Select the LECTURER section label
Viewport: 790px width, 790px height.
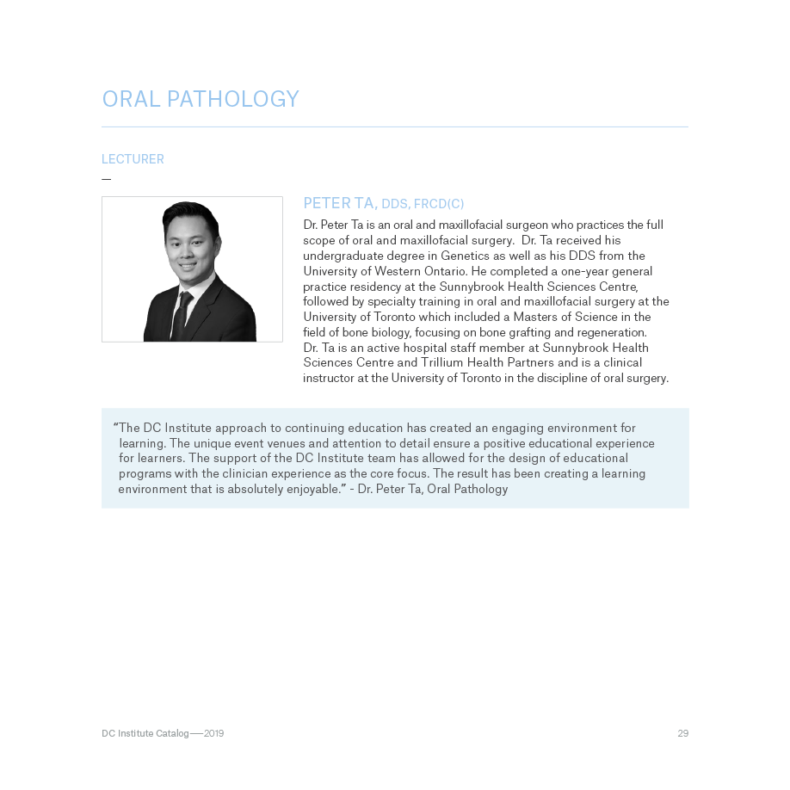[x=133, y=159]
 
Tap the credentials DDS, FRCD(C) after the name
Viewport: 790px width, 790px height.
[x=423, y=204]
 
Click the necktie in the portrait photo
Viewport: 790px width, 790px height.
[x=182, y=315]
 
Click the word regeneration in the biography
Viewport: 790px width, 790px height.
[x=609, y=332]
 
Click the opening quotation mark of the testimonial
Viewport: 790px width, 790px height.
[x=115, y=426]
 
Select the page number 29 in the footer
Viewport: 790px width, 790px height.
[x=682, y=733]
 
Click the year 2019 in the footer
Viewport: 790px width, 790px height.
[x=213, y=733]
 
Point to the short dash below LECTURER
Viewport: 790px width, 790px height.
[x=107, y=179]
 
